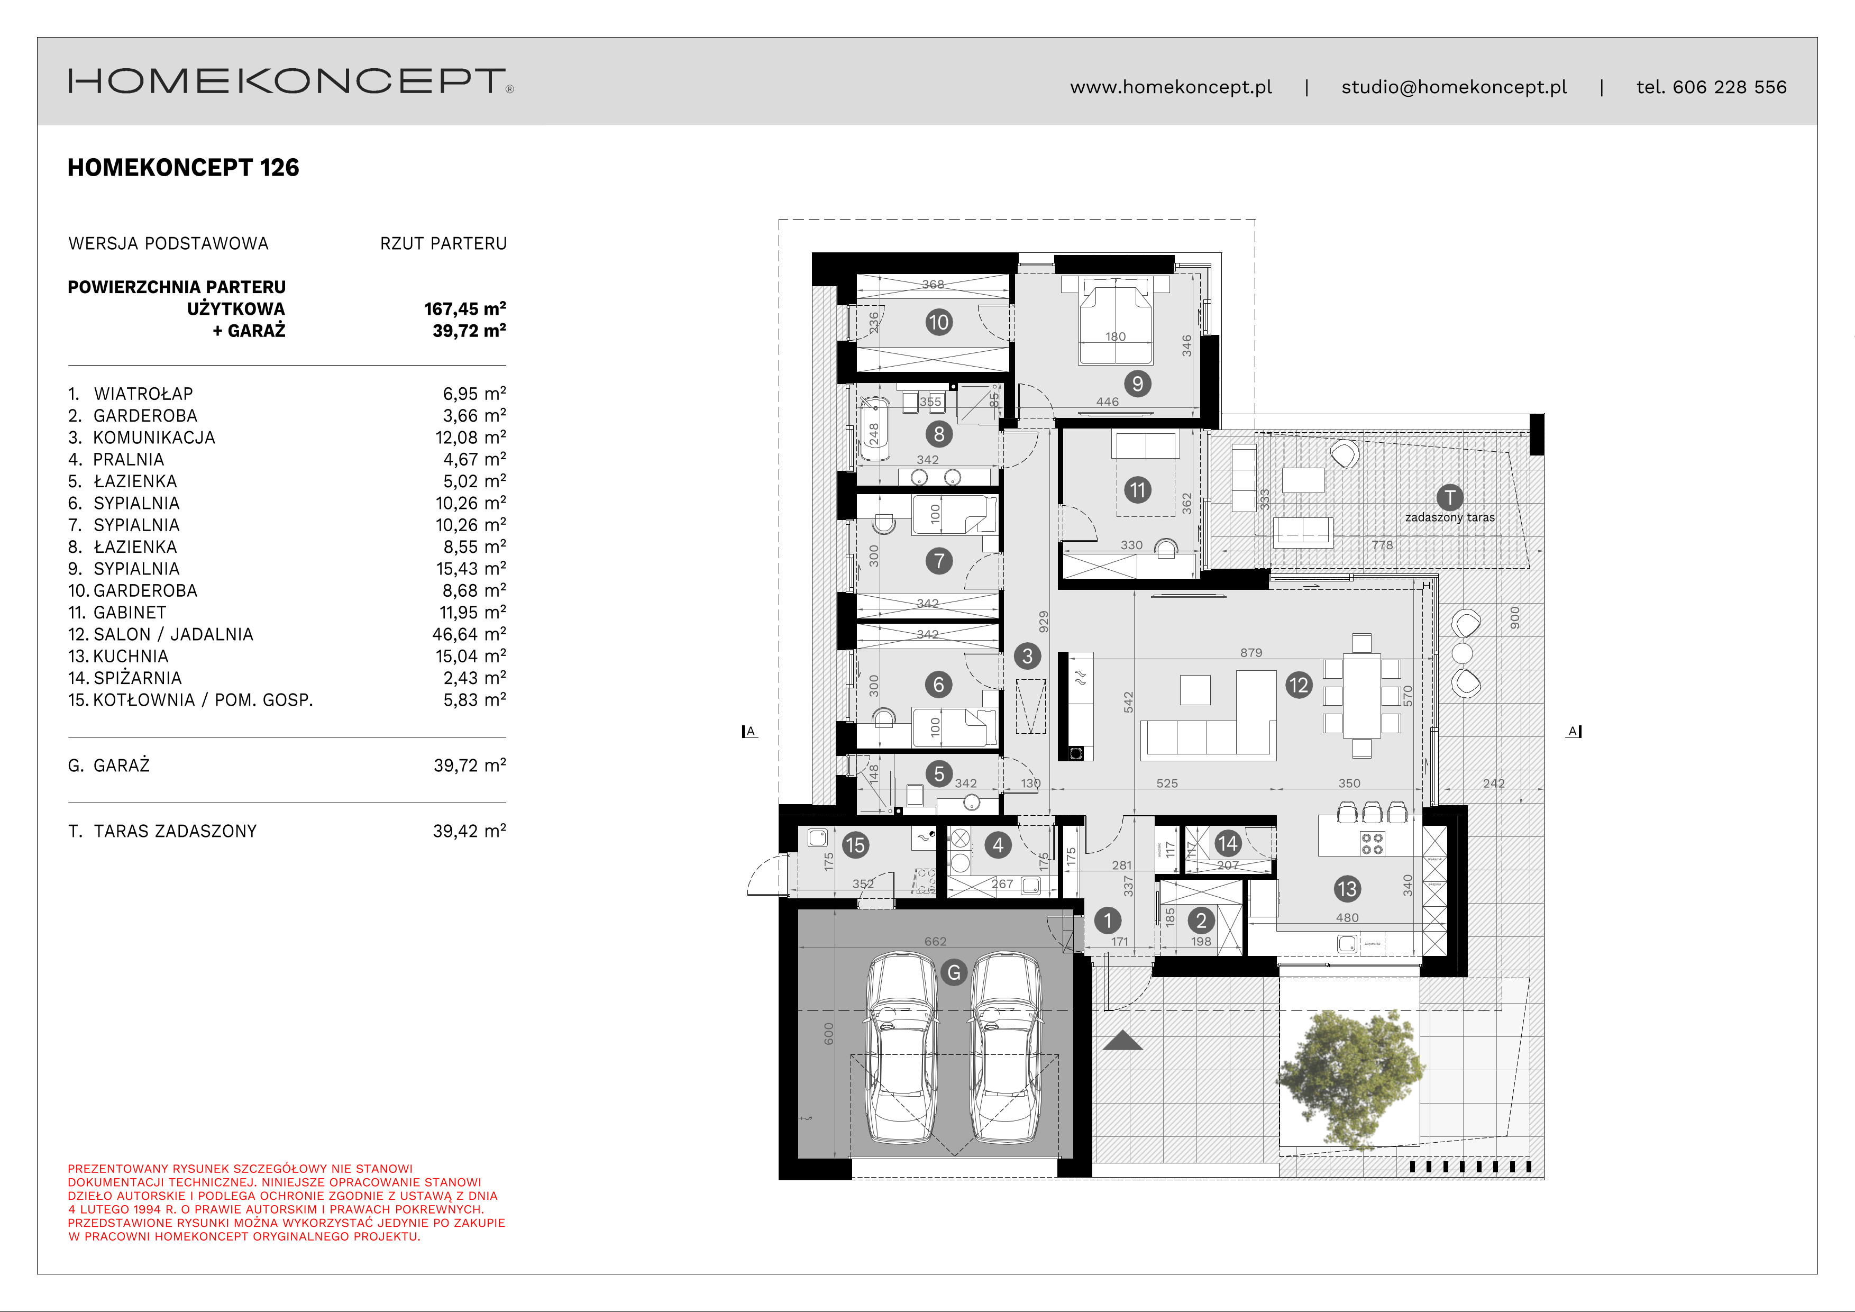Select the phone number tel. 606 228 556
coord(1711,87)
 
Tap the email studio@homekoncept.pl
coord(1454,87)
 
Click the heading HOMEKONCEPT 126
coord(184,168)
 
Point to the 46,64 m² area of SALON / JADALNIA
coord(469,634)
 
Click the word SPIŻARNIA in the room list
coord(138,678)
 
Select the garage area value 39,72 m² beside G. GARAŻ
coord(469,765)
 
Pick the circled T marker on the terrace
coord(1449,498)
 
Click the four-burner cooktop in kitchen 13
coord(1373,843)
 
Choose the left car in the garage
coord(900,1049)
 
